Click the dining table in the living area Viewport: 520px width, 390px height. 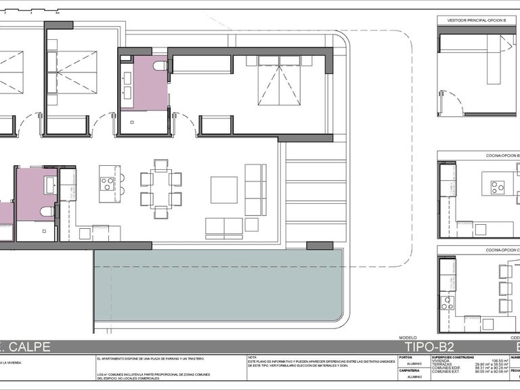click(161, 189)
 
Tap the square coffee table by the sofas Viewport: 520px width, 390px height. click(223, 190)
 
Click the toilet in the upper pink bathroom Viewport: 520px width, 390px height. click(160, 66)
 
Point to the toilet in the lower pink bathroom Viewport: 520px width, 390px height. click(47, 211)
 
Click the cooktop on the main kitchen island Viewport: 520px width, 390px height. click(108, 183)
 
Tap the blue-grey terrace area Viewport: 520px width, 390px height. click(217, 284)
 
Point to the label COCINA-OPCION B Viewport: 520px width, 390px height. click(498, 155)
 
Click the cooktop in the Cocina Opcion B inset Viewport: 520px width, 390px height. click(498, 187)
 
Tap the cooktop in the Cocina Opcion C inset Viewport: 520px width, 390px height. click(447, 303)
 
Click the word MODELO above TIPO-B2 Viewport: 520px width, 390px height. click(408, 337)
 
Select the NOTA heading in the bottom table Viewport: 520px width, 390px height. click(253, 357)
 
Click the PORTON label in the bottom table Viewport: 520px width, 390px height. click(406, 357)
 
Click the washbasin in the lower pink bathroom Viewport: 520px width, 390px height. click(51, 182)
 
